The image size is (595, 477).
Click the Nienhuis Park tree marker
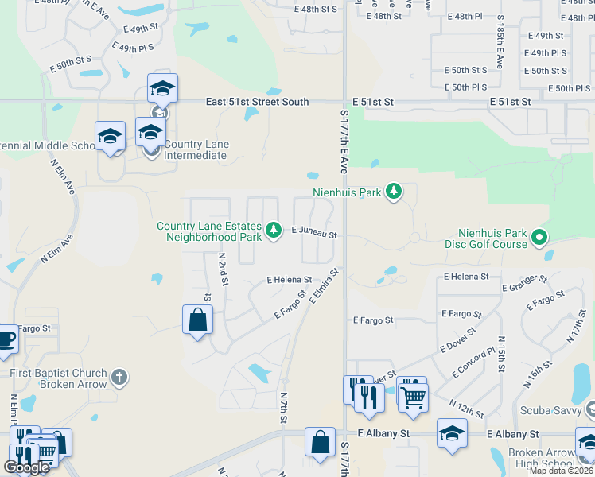[x=393, y=191]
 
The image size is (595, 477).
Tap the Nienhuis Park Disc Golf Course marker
[x=539, y=236]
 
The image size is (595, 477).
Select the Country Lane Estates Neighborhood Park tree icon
[x=274, y=231]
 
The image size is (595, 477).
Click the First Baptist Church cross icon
[x=119, y=377]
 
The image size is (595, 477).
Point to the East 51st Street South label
[x=257, y=102]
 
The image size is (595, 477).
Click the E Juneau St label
[x=314, y=235]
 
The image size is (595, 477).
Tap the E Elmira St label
[x=325, y=285]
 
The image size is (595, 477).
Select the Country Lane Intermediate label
[x=196, y=150]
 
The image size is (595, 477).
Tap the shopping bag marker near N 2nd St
[x=197, y=321]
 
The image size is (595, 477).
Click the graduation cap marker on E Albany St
[x=452, y=434]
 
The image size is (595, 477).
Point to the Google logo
[x=27, y=468]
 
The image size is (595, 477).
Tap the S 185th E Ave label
[x=500, y=49]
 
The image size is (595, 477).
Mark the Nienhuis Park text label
[x=347, y=192]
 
